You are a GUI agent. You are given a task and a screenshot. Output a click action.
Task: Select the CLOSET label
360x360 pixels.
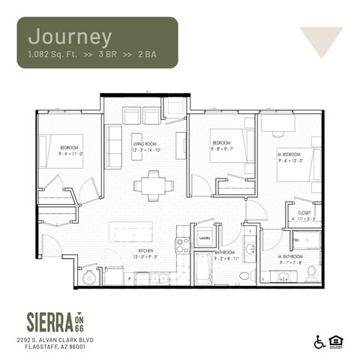click(304, 213)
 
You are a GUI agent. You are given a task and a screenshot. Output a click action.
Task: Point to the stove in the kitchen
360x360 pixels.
click(182, 244)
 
